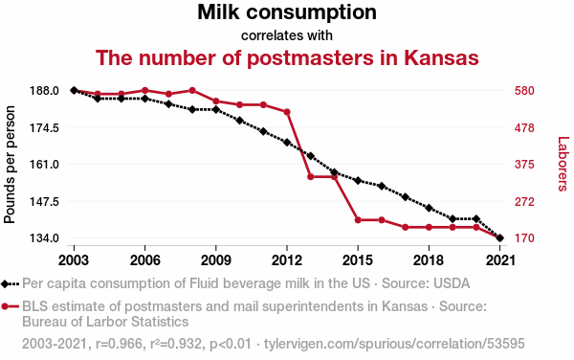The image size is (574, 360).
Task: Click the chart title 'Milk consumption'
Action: click(287, 12)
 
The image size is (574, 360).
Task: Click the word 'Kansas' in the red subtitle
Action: click(441, 57)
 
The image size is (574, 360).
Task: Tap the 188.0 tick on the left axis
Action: click(44, 90)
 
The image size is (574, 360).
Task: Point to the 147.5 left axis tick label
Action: click(44, 201)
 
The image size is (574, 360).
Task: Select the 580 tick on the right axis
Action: click(524, 90)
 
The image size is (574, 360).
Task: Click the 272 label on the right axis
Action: click(524, 201)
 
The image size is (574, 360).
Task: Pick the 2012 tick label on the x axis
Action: click(287, 260)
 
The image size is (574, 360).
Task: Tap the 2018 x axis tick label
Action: click(429, 260)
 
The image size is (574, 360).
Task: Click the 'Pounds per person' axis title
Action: click(10, 165)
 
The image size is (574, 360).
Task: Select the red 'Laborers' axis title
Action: click(563, 164)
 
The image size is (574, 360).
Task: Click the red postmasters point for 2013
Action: click(311, 177)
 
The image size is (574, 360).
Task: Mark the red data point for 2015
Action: click(358, 220)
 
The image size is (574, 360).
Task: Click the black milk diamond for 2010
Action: click(240, 121)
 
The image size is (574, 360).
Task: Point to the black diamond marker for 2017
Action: click(406, 197)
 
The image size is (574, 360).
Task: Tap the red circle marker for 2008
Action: click(192, 90)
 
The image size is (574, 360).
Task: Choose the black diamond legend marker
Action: click(5, 283)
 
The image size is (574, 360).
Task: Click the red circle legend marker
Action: click(5, 306)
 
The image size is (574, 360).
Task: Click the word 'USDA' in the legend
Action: click(452, 283)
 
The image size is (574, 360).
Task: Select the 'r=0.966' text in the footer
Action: click(119, 344)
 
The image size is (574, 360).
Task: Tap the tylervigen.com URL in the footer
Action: click(394, 344)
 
